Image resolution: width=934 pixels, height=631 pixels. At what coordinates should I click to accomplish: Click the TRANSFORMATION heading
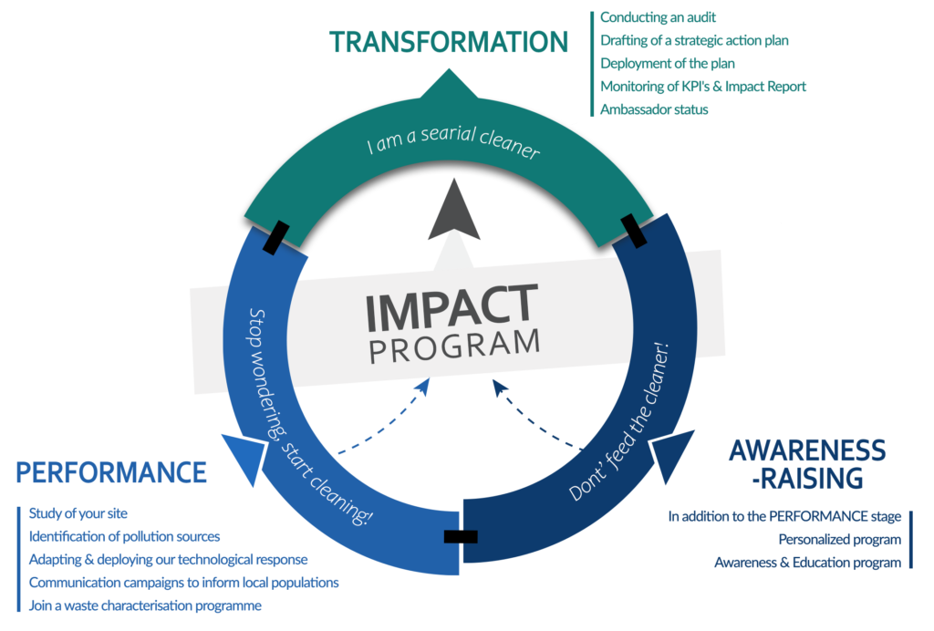pyautogui.click(x=449, y=42)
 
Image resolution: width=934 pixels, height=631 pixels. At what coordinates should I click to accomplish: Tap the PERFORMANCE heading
pyautogui.click(x=111, y=472)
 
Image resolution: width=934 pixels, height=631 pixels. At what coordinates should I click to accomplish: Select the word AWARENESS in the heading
pyautogui.click(x=807, y=450)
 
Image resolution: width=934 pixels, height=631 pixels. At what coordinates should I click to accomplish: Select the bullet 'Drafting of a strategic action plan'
pyautogui.click(x=694, y=40)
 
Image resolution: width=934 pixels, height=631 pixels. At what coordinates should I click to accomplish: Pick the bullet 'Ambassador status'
pyautogui.click(x=654, y=109)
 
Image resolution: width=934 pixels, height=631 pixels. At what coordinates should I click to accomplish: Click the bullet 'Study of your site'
pyautogui.click(x=78, y=512)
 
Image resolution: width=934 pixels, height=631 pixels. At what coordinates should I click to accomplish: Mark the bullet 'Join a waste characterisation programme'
pyautogui.click(x=145, y=605)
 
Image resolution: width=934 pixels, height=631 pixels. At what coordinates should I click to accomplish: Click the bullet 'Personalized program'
pyautogui.click(x=839, y=539)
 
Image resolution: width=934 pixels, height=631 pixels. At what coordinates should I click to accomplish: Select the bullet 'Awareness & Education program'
pyautogui.click(x=807, y=563)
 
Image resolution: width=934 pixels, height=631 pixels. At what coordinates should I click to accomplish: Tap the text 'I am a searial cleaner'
pyautogui.click(x=453, y=149)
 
